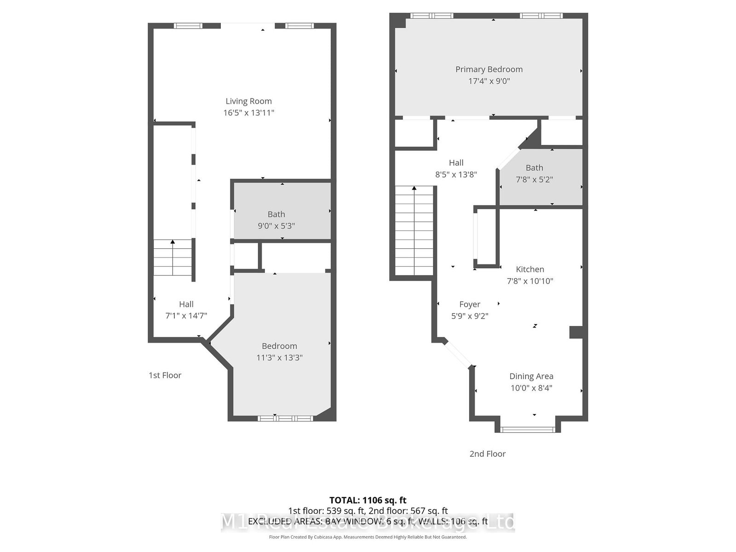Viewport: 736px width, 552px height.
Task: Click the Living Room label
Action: (x=248, y=101)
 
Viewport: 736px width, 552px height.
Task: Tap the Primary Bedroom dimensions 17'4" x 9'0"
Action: (x=489, y=81)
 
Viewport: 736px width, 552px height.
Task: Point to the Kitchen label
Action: (x=530, y=270)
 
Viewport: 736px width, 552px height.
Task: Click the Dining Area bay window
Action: (x=528, y=430)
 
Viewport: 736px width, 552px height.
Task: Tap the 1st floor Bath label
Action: (x=276, y=214)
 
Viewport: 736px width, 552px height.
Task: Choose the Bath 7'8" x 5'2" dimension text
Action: (x=534, y=179)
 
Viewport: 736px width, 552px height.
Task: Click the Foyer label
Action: (x=470, y=305)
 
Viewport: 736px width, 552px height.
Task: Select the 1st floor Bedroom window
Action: (x=285, y=418)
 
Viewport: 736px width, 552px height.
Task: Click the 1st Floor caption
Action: (x=165, y=375)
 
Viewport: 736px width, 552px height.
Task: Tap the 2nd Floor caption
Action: (x=487, y=454)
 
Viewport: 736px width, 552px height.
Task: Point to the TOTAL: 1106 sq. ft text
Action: (x=368, y=500)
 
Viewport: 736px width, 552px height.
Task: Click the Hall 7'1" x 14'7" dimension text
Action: (x=186, y=316)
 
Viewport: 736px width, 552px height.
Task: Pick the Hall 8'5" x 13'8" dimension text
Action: (x=456, y=174)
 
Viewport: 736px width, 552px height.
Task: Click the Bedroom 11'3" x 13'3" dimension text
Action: (x=279, y=357)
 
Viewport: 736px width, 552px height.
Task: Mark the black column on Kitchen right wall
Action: (x=576, y=332)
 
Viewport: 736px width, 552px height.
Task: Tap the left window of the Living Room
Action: (x=188, y=26)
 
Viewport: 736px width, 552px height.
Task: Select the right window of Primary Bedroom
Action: (x=541, y=16)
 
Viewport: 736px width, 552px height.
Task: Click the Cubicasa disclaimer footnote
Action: (x=368, y=537)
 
